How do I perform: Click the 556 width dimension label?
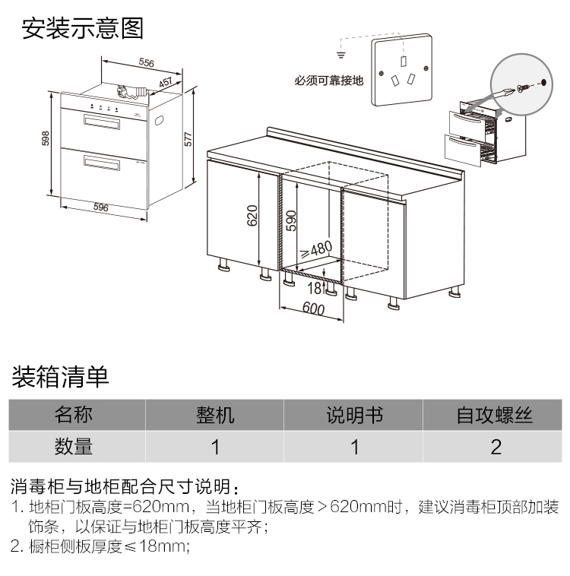pyautogui.click(x=146, y=62)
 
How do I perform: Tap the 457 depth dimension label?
pyautogui.click(x=166, y=82)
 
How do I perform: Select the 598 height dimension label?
pyautogui.click(x=45, y=138)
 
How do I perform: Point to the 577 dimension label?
pyautogui.click(x=188, y=139)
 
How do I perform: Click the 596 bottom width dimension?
pyautogui.click(x=100, y=207)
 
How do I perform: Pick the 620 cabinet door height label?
pyautogui.click(x=252, y=215)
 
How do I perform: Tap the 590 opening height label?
pyautogui.click(x=290, y=220)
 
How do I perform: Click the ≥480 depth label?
pyautogui.click(x=316, y=250)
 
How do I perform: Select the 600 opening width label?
pyautogui.click(x=313, y=309)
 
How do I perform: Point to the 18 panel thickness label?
pyautogui.click(x=314, y=288)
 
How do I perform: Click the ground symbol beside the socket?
pyautogui.click(x=341, y=55)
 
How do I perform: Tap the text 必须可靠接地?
pyautogui.click(x=328, y=81)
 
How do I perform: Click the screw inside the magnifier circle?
pyautogui.click(x=524, y=87)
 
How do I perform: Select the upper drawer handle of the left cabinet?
pyautogui.click(x=102, y=122)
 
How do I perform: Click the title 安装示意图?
pyautogui.click(x=82, y=28)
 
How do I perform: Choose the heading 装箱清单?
pyautogui.click(x=60, y=377)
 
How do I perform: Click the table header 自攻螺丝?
pyautogui.click(x=494, y=415)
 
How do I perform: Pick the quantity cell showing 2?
pyautogui.click(x=496, y=447)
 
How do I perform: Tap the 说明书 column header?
pyautogui.click(x=355, y=415)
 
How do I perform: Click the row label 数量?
pyautogui.click(x=74, y=446)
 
